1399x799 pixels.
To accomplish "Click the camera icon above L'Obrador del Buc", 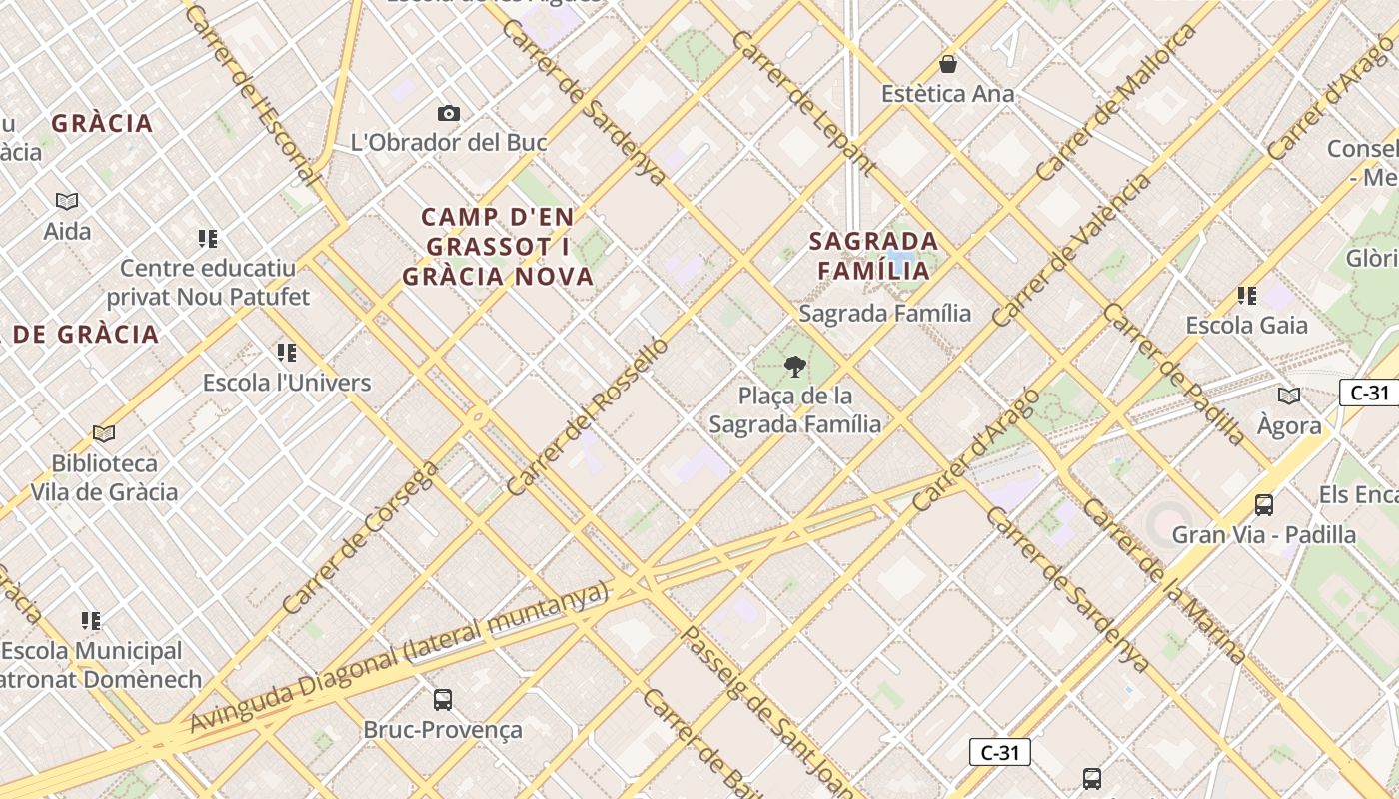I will (449, 114).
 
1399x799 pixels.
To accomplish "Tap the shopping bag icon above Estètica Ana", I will (948, 65).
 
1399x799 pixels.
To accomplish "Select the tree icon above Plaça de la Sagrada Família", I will (795, 367).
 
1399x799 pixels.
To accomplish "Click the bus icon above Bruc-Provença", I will (443, 700).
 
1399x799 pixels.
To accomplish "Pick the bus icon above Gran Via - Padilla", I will (1264, 505).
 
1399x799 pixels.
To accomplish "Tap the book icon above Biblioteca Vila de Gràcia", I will (104, 434).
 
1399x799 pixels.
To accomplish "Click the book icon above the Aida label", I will (67, 202).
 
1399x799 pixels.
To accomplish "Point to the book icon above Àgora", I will (1289, 397).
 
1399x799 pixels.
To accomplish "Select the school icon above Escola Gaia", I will (1246, 296).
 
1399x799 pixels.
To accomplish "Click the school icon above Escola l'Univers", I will (287, 353).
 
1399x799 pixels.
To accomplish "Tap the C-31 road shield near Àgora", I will (1369, 393).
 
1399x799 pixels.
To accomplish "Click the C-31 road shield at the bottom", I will (999, 753).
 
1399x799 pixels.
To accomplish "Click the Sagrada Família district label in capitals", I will (874, 256).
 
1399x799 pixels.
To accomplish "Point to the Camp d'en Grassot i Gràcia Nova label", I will (498, 247).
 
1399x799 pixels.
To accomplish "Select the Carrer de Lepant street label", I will (804, 103).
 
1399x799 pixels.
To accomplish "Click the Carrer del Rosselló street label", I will (588, 416).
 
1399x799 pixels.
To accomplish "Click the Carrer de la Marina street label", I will (1164, 582).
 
